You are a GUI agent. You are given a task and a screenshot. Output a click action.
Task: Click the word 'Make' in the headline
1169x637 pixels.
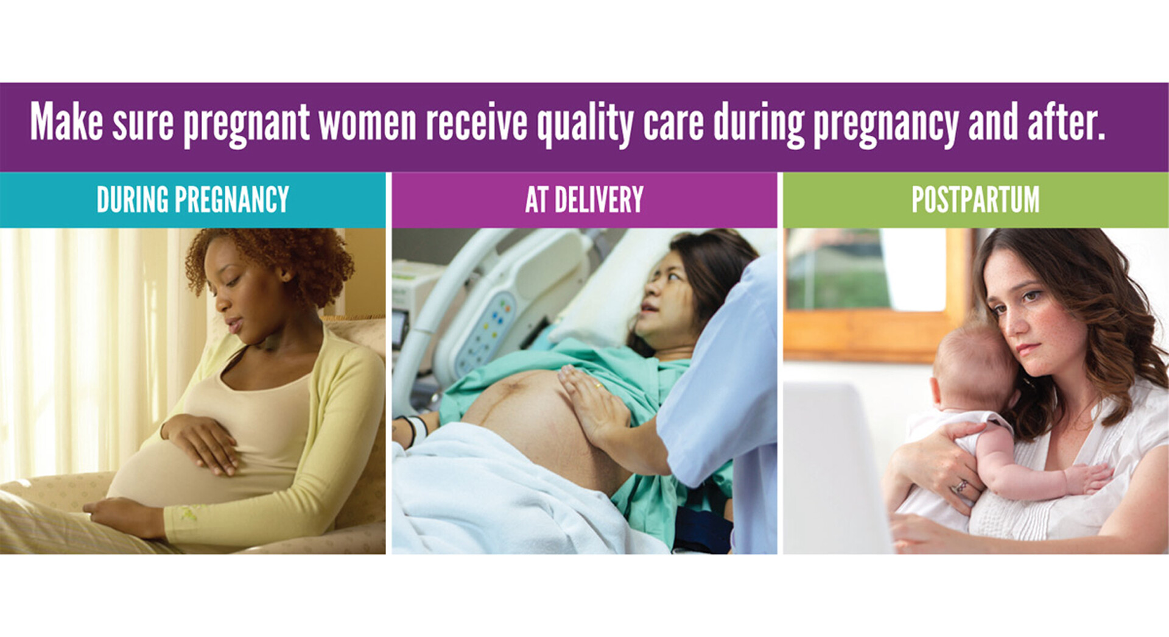[x=66, y=121]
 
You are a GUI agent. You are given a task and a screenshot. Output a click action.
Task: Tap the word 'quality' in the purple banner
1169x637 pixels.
[x=585, y=125]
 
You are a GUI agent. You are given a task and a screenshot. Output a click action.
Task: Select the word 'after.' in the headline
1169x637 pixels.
[x=1066, y=121]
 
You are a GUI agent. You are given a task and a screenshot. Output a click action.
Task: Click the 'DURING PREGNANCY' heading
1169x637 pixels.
[x=192, y=199]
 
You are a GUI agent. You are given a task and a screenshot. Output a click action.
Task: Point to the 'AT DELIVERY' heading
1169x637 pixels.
[x=584, y=199]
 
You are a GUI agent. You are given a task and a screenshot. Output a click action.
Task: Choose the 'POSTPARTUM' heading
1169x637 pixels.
[x=975, y=199]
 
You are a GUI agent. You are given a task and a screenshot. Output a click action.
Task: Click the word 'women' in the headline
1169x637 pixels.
[x=367, y=123]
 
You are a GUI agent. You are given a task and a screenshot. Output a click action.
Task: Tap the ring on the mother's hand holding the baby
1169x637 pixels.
[x=960, y=486]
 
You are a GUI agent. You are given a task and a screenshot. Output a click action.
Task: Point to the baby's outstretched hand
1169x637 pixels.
[x=1090, y=476]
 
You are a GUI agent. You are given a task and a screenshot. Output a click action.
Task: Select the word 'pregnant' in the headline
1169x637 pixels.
[x=246, y=125]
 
